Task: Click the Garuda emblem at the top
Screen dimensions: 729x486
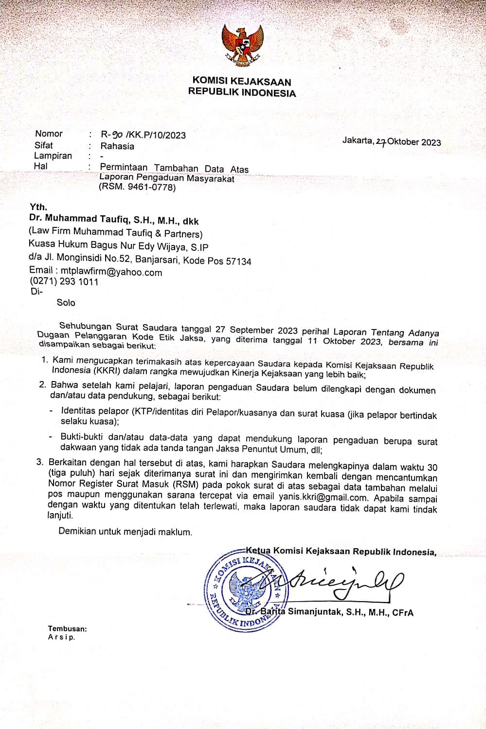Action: [x=242, y=45]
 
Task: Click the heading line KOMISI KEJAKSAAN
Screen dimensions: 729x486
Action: [x=242, y=81]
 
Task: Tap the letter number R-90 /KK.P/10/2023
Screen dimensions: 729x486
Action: [x=143, y=135]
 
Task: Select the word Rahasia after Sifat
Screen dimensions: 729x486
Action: [x=117, y=146]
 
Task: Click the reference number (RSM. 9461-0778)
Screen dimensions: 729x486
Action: [x=137, y=187]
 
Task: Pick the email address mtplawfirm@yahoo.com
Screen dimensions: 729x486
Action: [x=111, y=272]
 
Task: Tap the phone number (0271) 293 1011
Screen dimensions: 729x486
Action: [x=64, y=282]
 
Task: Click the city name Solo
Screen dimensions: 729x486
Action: [x=66, y=302]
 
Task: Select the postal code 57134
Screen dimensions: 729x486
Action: [x=238, y=261]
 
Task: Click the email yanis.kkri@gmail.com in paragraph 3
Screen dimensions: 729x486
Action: [x=323, y=497]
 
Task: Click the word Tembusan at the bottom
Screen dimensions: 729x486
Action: [x=67, y=628]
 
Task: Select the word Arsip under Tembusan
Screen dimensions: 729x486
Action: [x=61, y=637]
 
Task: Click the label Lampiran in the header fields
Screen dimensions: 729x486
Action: [x=53, y=156]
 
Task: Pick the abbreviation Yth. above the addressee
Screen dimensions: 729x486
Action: [x=38, y=207]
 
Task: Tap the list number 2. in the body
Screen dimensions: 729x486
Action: [x=43, y=385]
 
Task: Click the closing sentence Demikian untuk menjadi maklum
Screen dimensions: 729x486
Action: [x=125, y=532]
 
